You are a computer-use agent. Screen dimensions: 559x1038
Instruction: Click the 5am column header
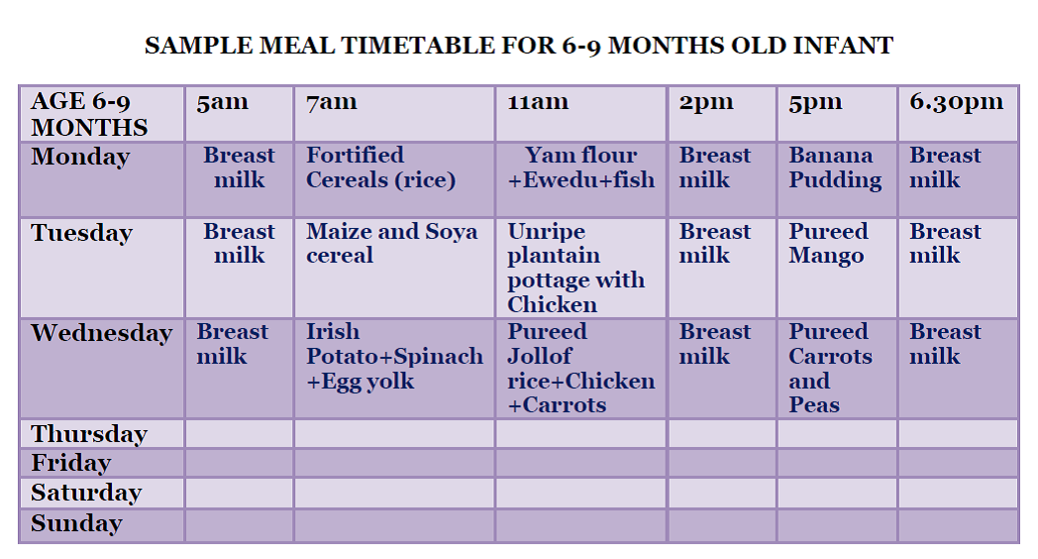point(222,102)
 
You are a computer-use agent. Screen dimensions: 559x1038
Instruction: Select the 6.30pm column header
point(956,102)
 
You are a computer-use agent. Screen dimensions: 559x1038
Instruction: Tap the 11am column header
point(538,102)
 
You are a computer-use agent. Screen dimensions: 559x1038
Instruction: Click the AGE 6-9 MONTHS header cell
point(89,114)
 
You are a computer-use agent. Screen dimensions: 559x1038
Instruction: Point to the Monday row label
point(80,157)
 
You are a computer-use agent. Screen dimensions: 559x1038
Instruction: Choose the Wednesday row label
point(101,333)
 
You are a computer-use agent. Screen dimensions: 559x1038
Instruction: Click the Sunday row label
point(76,523)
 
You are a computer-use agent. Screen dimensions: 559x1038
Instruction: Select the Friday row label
point(70,463)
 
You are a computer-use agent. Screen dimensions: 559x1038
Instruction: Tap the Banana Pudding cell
point(834,168)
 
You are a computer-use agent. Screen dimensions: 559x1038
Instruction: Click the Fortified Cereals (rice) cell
point(380,168)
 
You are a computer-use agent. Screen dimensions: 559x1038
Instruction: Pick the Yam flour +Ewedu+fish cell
point(580,168)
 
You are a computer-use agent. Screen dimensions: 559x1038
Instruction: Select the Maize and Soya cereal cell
point(391,244)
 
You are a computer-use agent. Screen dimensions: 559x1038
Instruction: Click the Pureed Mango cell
point(828,244)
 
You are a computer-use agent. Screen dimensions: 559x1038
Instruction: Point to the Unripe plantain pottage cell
point(575,268)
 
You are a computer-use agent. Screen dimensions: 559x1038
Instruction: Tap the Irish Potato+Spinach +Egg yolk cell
point(393,357)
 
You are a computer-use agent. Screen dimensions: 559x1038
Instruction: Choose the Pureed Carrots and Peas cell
point(830,368)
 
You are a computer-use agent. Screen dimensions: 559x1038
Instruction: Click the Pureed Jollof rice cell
point(580,368)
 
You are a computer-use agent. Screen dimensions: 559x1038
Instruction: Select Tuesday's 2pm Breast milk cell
point(714,244)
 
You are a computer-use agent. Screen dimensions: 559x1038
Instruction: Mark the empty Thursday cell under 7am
point(393,434)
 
